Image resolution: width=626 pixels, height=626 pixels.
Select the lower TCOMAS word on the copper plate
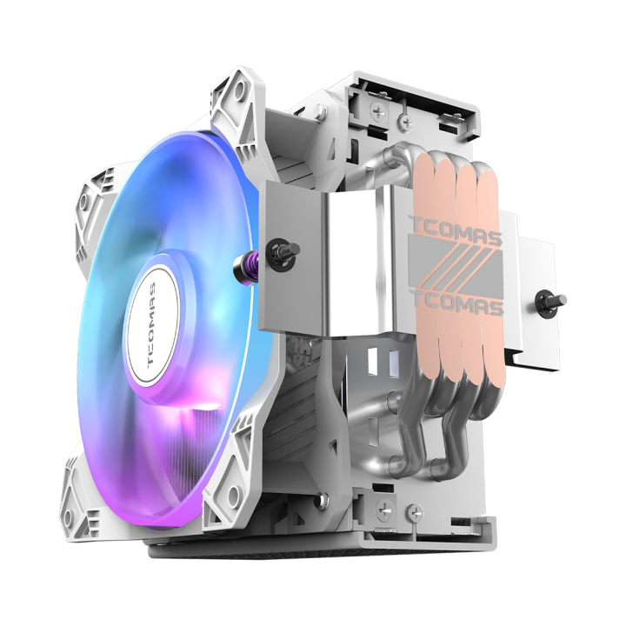455,306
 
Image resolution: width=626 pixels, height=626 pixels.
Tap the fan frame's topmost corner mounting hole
232,87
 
